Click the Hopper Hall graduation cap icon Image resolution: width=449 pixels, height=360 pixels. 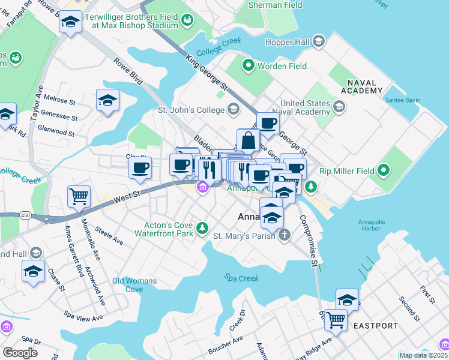319,41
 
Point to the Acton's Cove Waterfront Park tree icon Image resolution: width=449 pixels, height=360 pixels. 203,229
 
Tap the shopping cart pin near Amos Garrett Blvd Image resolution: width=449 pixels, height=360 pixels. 79,196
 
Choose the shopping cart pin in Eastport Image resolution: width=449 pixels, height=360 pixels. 336,319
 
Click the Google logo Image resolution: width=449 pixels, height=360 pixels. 20,353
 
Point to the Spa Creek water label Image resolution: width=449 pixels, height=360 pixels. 238,278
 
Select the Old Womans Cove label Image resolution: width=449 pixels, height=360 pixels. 135,285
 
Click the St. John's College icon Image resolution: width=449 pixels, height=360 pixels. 233,109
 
